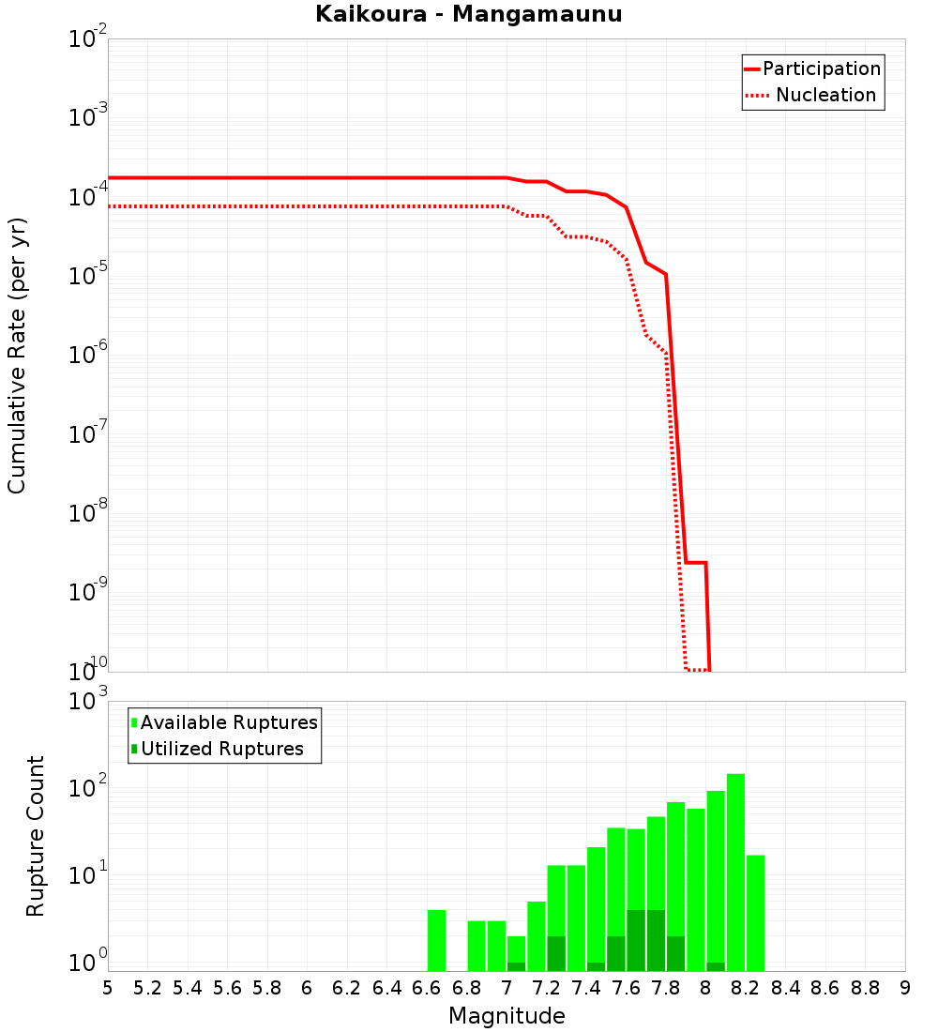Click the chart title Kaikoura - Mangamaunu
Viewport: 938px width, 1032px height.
[469, 14]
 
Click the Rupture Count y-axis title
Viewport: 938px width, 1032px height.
[36, 835]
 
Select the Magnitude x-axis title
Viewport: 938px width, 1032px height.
[507, 1015]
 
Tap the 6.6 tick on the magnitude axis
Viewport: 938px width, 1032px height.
[427, 988]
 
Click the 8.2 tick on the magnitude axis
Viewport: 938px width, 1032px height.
[746, 988]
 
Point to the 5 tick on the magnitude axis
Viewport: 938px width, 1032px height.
[108, 988]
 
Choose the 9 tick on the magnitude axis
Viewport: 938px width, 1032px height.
[905, 988]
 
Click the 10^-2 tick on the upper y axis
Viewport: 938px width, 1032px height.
[88, 39]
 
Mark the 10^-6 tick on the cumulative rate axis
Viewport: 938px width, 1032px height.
[88, 356]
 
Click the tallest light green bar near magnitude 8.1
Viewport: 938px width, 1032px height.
[735, 873]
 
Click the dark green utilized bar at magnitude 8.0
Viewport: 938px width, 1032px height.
[716, 966]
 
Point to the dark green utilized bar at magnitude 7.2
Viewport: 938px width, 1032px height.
[556, 953]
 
